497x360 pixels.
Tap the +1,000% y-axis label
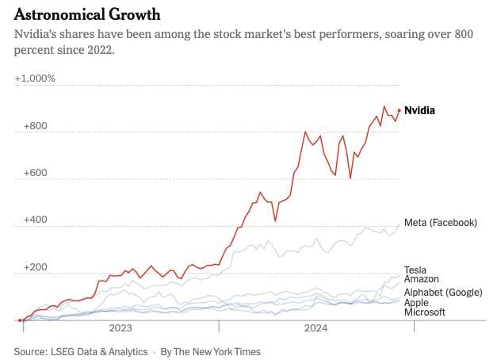pyautogui.click(x=35, y=79)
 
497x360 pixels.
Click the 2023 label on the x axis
pyautogui.click(x=120, y=327)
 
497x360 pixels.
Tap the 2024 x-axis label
pyautogui.click(x=315, y=327)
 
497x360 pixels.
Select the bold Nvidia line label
pyautogui.click(x=420, y=111)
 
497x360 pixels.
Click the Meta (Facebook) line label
pyautogui.click(x=441, y=222)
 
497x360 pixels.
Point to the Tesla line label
pyautogui.click(x=416, y=270)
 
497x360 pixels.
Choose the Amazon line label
pyautogui.click(x=422, y=279)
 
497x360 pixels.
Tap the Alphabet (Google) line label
pyautogui.click(x=443, y=293)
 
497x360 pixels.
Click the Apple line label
pyautogui.click(x=417, y=303)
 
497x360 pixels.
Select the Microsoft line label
pyautogui.click(x=425, y=312)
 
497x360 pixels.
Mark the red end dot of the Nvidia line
pyautogui.click(x=399, y=111)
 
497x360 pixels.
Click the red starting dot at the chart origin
pyautogui.click(x=19, y=320)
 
